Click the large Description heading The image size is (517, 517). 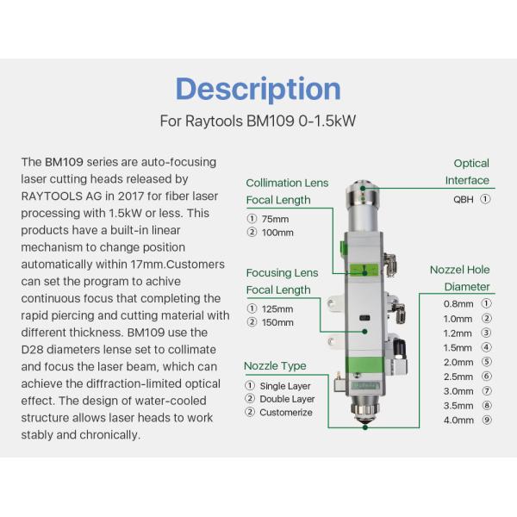coord(258,89)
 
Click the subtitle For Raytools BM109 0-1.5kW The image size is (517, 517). coord(258,121)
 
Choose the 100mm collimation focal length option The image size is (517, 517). coord(277,232)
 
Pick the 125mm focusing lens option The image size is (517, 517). coord(277,308)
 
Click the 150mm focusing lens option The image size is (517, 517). coord(277,322)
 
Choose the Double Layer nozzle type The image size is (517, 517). coord(288,398)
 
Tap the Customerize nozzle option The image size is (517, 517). coord(286,412)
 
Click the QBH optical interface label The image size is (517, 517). coord(464,198)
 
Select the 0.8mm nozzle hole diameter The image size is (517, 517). coord(458,303)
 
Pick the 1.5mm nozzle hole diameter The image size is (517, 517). coord(458,347)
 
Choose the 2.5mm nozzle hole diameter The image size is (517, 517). coord(458,377)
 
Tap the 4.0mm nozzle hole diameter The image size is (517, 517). coord(458,420)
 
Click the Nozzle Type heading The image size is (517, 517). coord(275,366)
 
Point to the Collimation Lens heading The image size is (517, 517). coord(287,183)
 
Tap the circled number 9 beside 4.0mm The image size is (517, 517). coord(486,420)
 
